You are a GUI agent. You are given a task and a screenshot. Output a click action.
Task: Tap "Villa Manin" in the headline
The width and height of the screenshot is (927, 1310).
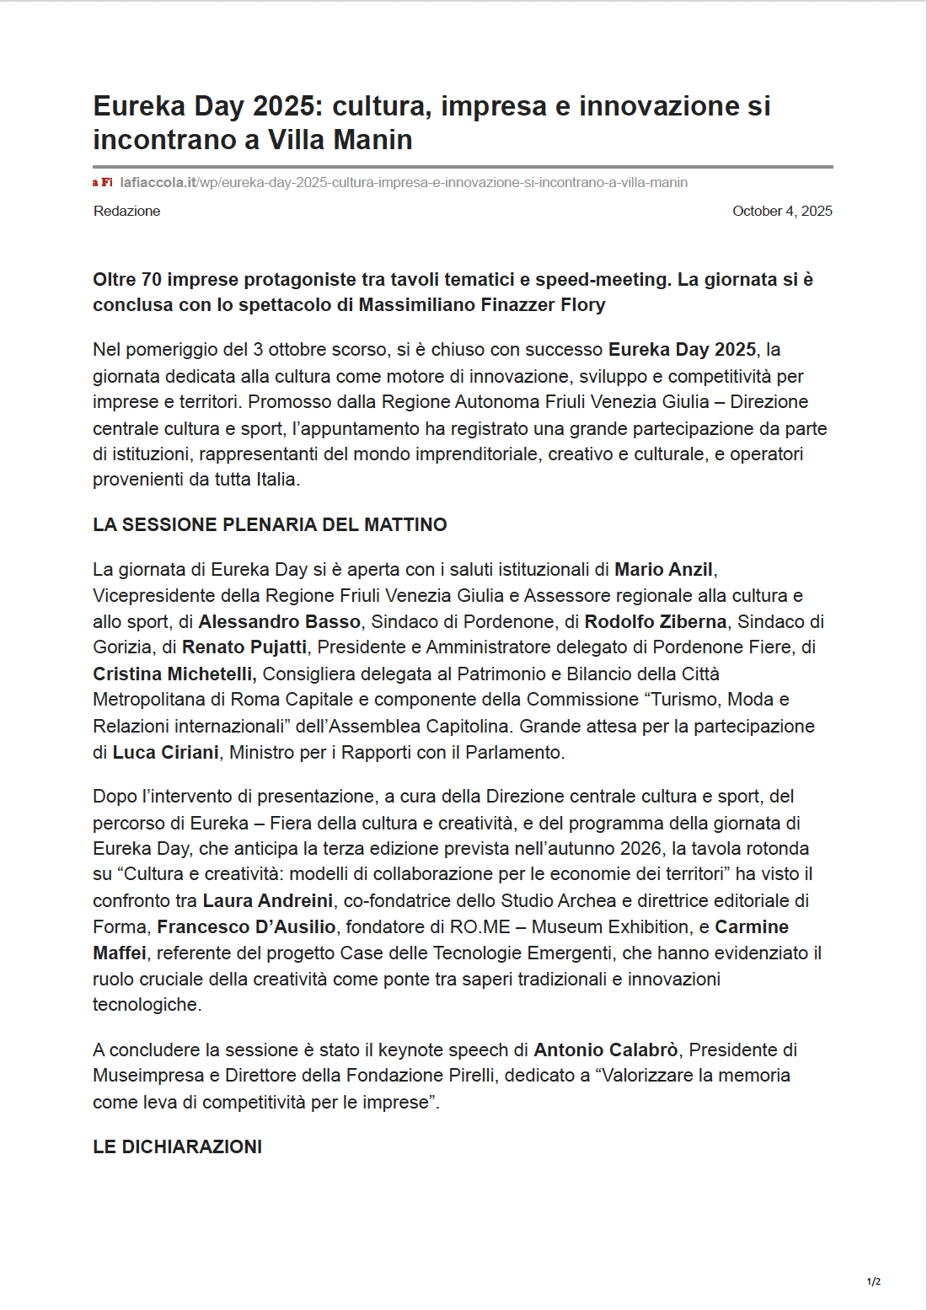tap(340, 140)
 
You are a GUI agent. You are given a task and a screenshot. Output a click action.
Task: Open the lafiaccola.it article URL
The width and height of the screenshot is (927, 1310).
tap(404, 182)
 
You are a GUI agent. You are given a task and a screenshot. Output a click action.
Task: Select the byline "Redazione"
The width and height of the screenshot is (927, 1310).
tap(126, 211)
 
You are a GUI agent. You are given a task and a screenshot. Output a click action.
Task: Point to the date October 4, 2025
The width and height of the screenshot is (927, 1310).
tap(782, 211)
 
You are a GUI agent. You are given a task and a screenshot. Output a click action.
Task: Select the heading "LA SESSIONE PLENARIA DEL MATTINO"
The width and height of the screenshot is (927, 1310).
tap(270, 524)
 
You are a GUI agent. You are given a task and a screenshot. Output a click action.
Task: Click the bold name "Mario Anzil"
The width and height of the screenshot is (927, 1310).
tap(663, 570)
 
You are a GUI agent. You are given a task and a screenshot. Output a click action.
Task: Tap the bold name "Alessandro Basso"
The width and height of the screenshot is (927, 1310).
tap(279, 622)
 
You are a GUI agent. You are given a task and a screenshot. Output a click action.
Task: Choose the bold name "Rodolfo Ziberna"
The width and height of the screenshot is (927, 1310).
tap(655, 622)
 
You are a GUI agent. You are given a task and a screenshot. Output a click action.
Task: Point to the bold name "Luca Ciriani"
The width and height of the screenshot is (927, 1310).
tap(165, 752)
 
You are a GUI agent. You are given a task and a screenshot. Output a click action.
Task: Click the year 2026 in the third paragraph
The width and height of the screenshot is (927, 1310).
tap(640, 848)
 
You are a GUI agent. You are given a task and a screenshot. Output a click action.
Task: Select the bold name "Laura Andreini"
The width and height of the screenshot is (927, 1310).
tap(268, 901)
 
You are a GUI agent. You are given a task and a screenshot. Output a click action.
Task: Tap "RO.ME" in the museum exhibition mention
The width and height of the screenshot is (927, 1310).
tap(480, 927)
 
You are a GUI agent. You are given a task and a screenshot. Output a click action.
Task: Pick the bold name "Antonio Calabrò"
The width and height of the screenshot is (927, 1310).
tap(605, 1050)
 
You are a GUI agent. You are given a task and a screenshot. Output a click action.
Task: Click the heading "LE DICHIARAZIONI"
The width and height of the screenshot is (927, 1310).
tap(177, 1146)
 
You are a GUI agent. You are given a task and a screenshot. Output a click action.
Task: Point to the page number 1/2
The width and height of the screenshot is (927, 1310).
tap(874, 1281)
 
